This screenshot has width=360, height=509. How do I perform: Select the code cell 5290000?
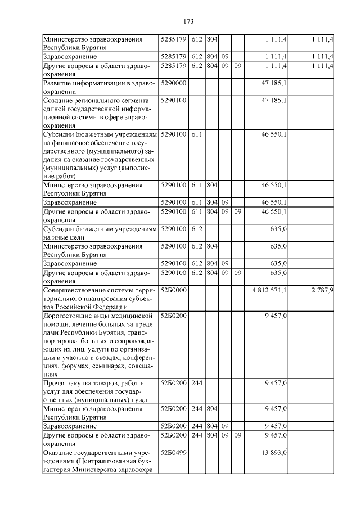[173, 83]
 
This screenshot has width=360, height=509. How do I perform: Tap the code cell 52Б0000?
[173, 290]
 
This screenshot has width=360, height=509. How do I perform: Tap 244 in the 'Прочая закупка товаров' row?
[197, 383]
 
